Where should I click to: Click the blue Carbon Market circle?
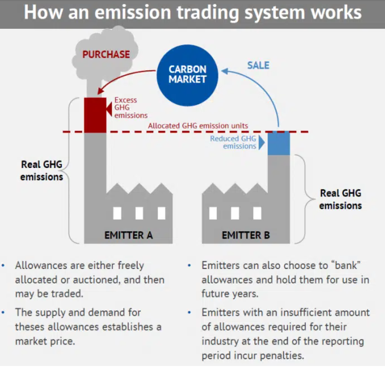click(x=187, y=75)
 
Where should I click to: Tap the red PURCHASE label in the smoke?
click(x=106, y=55)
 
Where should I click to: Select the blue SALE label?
click(x=258, y=65)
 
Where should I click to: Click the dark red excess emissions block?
click(x=95, y=115)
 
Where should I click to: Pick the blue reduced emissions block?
click(x=279, y=143)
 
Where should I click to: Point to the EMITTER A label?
click(x=128, y=235)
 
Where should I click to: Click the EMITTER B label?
click(x=246, y=235)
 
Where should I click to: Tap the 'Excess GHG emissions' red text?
click(x=131, y=107)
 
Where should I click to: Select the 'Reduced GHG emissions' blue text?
click(x=233, y=142)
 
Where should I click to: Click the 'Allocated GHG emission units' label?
click(x=198, y=126)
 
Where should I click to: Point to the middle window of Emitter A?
click(x=139, y=213)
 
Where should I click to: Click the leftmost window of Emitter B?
click(x=213, y=213)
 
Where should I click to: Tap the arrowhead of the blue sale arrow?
click(x=224, y=71)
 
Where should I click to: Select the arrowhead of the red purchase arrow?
click(x=100, y=91)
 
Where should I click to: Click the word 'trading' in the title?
click(x=208, y=13)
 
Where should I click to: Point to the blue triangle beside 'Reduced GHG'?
click(x=262, y=142)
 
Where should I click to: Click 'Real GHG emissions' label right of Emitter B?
click(x=341, y=199)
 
